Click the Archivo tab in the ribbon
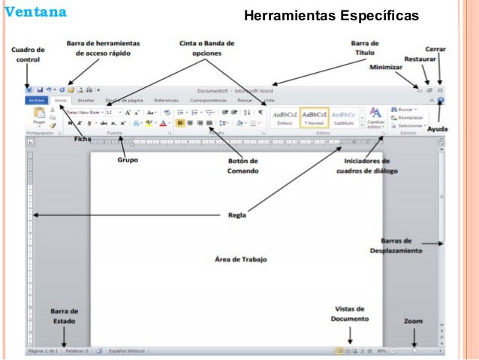pos(36,99)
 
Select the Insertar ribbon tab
pos(86,99)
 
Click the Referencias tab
pos(166,99)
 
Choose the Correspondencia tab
pos(209,99)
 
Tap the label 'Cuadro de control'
pos(28,54)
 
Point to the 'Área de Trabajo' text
pos(240,259)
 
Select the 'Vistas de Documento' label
pos(348,313)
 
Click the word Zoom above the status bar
pos(414,321)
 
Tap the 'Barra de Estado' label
pos(63,316)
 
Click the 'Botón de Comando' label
pos(243,165)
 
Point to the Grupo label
pos(127,159)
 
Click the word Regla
pos(237,214)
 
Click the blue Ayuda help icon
pos(441,100)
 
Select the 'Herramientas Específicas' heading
pos(331,16)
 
